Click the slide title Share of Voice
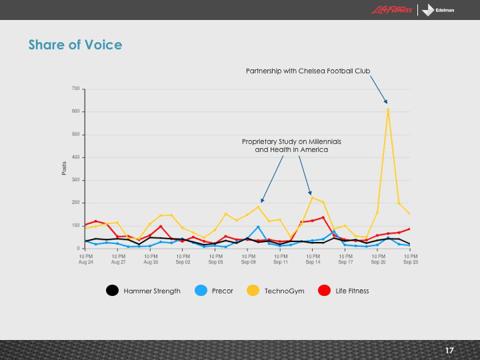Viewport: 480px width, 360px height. (75, 45)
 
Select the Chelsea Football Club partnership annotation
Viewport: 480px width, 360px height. (307, 70)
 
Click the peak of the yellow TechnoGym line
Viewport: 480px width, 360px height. (388, 109)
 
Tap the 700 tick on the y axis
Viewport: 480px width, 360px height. (76, 89)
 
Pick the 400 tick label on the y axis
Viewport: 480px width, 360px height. (76, 157)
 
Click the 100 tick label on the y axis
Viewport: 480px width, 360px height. (76, 225)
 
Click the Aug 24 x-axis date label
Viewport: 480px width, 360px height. (86, 259)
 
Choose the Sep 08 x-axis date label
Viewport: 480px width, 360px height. (248, 259)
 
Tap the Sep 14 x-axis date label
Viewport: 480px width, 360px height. (313, 259)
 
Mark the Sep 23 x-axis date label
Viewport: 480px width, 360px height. (410, 259)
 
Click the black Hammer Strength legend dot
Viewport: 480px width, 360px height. (113, 291)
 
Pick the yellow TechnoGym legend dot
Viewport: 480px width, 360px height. (254, 291)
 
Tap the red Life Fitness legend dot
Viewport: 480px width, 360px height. (325, 291)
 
